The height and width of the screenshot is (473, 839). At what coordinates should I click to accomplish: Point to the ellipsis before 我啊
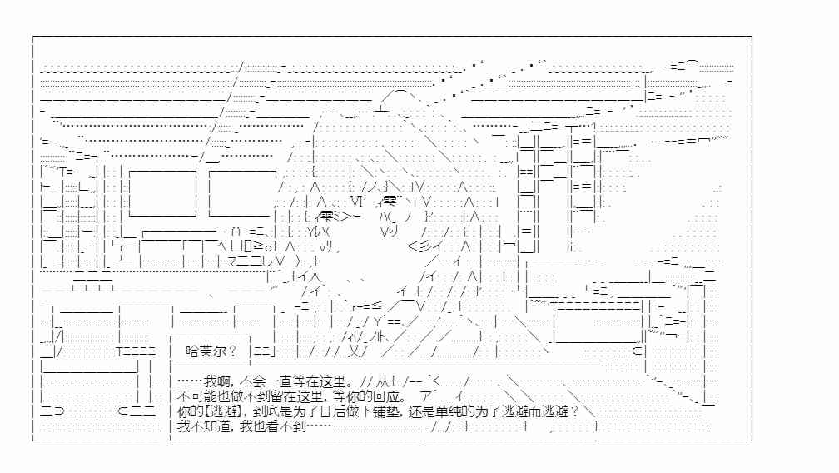pyautogui.click(x=190, y=382)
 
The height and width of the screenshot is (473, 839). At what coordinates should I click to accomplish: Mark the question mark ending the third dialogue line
pyautogui.click(x=574, y=411)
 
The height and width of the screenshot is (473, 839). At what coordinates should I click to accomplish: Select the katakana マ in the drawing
pyautogui.click(x=233, y=261)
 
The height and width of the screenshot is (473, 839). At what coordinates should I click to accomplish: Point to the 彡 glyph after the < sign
pyautogui.click(x=424, y=246)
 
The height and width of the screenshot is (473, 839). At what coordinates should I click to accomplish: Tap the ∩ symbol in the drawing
pyautogui.click(x=236, y=232)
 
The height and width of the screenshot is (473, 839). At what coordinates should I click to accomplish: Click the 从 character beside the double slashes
pyautogui.click(x=383, y=382)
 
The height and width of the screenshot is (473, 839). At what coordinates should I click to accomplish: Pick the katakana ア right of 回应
pyautogui.click(x=426, y=397)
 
